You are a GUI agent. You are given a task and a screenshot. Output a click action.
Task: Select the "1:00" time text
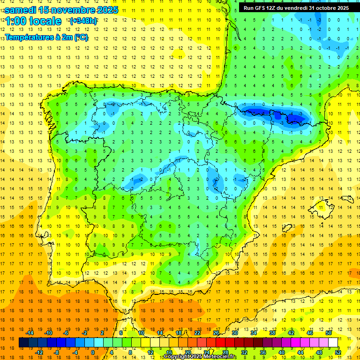(x=15, y=21)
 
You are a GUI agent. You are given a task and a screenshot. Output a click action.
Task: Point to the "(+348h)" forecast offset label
(x=83, y=21)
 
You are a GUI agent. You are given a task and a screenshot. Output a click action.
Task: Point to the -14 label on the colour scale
(x=30, y=333)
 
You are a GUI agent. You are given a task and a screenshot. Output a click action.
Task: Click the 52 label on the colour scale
(x=338, y=352)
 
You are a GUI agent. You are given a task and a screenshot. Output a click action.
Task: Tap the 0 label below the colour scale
(x=92, y=352)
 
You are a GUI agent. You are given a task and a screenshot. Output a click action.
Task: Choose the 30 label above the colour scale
(x=234, y=333)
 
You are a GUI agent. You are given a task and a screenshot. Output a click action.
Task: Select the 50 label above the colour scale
(x=329, y=333)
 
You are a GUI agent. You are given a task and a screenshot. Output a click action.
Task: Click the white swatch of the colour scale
(x=333, y=343)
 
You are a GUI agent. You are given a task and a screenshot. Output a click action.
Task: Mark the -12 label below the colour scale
(x=39, y=352)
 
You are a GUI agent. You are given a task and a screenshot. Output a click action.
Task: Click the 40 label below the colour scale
(x=282, y=352)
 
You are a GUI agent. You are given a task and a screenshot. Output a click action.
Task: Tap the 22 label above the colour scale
(x=197, y=333)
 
